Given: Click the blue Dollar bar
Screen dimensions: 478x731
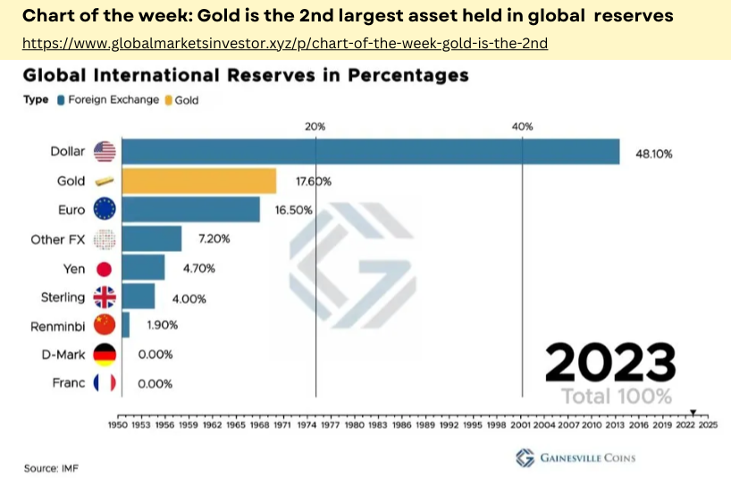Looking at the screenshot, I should pyautogui.click(x=370, y=152).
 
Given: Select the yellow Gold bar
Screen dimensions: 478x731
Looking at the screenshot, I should pyautogui.click(x=198, y=181).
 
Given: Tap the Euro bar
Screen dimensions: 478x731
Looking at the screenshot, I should pyautogui.click(x=190, y=210).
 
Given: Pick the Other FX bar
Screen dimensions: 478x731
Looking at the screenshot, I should pyautogui.click(x=151, y=239).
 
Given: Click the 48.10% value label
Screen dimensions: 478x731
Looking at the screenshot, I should pyautogui.click(x=653, y=153).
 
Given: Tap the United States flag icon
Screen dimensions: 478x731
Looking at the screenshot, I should pyautogui.click(x=105, y=152).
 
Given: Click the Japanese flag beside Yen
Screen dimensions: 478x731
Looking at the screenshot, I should pyautogui.click(x=105, y=268).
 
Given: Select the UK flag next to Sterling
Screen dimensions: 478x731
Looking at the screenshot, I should pyautogui.click(x=105, y=298).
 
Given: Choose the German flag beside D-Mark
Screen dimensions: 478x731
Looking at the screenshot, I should pyautogui.click(x=105, y=355).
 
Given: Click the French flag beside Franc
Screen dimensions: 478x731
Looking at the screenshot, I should pyautogui.click(x=105, y=383).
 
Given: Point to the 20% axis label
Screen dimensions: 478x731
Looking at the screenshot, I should pyautogui.click(x=315, y=127).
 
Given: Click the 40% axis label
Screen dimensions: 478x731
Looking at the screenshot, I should pyautogui.click(x=522, y=127).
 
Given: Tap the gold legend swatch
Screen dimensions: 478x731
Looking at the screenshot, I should pyautogui.click(x=168, y=100).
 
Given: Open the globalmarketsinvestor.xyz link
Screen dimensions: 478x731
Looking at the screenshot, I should pyautogui.click(x=284, y=43).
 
